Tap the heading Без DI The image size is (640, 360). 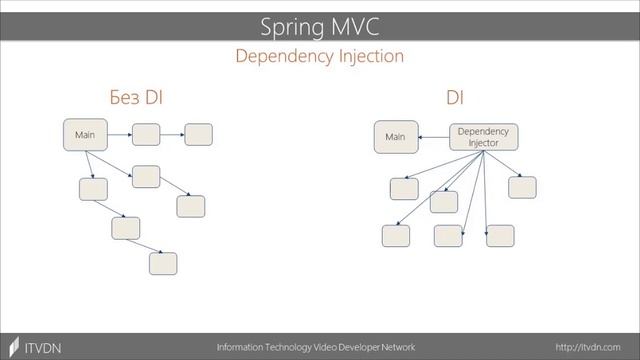136,97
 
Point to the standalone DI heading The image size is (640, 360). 455,97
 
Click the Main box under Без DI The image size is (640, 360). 85,135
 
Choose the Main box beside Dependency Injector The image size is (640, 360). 396,137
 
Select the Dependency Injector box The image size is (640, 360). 483,137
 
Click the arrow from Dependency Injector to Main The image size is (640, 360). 433,137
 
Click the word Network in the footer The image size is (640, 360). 392,347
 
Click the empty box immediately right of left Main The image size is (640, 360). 146,134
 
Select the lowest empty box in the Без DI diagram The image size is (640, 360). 162,263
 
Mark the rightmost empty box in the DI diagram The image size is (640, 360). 522,187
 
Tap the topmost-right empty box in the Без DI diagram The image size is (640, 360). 198,134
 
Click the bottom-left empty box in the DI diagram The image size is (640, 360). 395,236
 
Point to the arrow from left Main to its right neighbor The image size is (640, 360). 119,134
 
